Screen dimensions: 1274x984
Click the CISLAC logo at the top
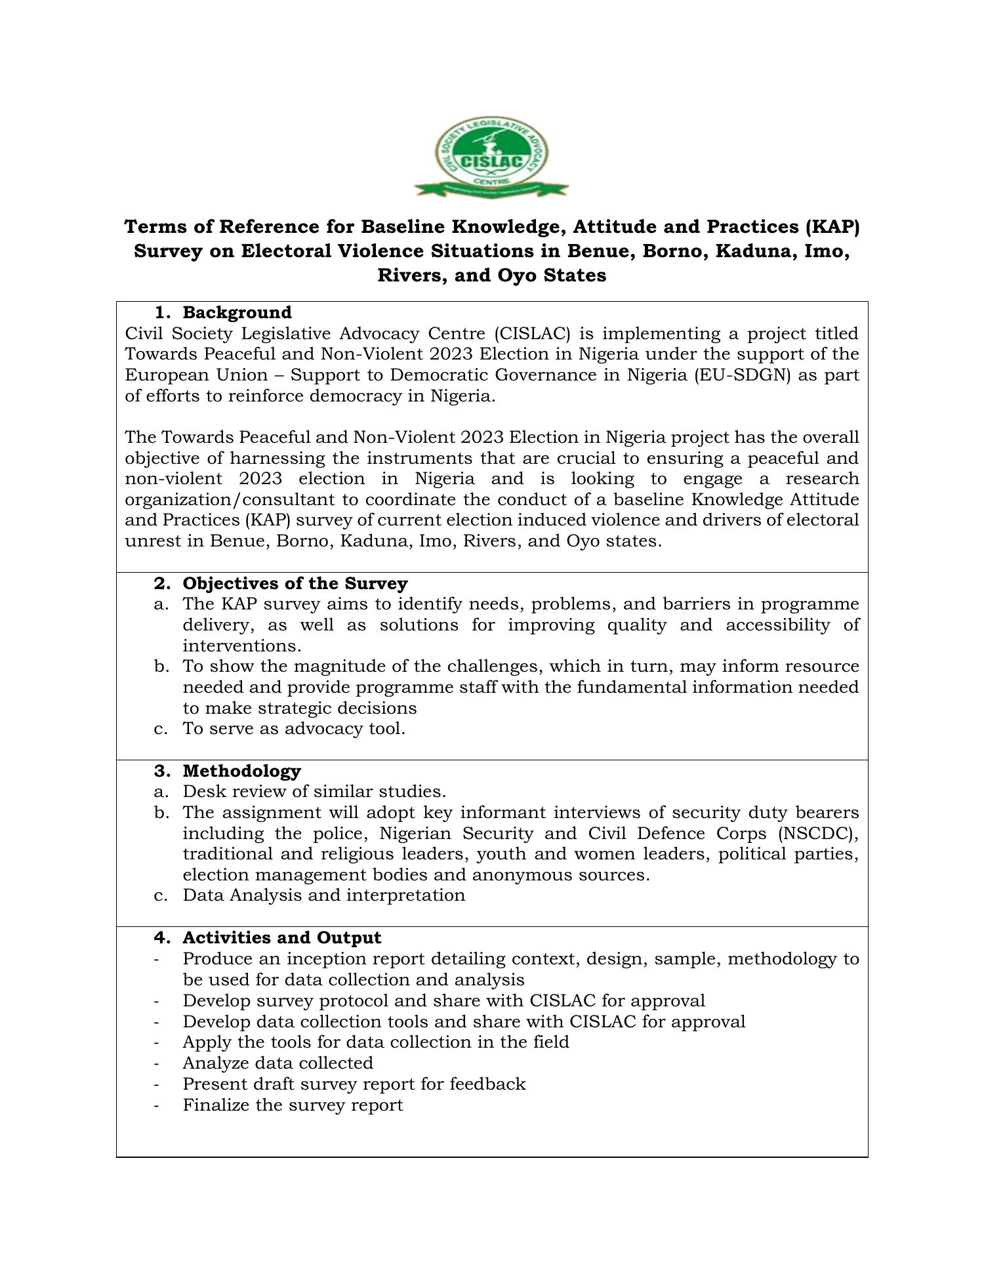coord(491,157)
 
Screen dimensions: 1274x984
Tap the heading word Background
coord(237,312)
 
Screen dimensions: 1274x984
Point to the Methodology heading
coord(241,771)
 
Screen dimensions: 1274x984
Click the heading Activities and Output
coord(281,937)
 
